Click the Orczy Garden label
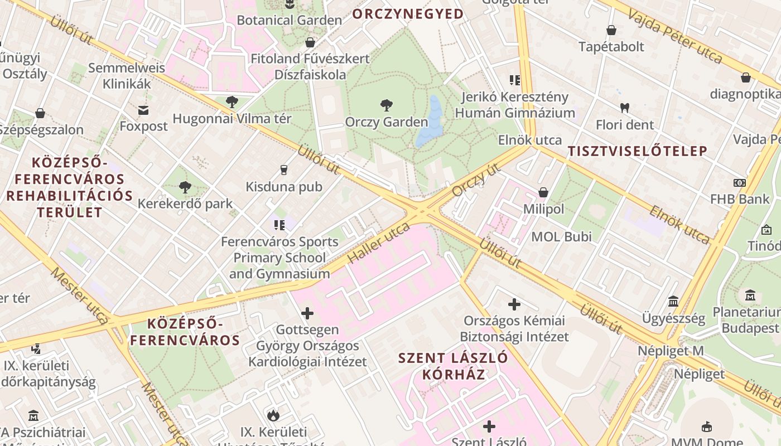click(x=386, y=122)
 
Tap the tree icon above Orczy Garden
click(x=386, y=105)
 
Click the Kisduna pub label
click(x=285, y=187)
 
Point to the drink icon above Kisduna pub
click(x=284, y=169)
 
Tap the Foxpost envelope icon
click(x=144, y=110)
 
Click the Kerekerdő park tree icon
click(x=185, y=187)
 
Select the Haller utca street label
click(x=379, y=244)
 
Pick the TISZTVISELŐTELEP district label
click(x=637, y=151)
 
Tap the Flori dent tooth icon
click(x=624, y=108)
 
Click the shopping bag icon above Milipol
click(x=543, y=192)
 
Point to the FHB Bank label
click(x=739, y=199)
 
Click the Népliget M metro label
click(x=671, y=351)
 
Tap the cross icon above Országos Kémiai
click(x=514, y=304)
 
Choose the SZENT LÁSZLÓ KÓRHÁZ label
click(x=453, y=366)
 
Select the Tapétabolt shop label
click(x=611, y=46)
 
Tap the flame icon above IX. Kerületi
click(x=273, y=415)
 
